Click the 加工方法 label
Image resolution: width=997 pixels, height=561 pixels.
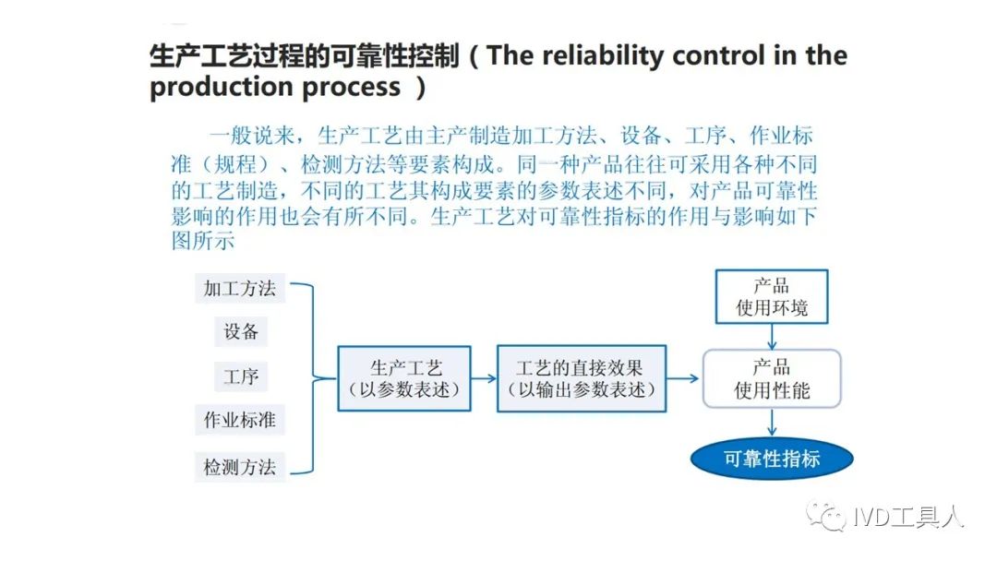click(240, 289)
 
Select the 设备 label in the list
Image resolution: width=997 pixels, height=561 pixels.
click(240, 331)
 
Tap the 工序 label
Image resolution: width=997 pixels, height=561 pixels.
click(240, 376)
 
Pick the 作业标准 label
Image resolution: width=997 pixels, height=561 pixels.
click(240, 419)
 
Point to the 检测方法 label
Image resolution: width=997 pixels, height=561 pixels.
click(240, 467)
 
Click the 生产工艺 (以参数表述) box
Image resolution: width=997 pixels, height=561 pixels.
click(404, 378)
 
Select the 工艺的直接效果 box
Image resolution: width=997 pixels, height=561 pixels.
click(582, 378)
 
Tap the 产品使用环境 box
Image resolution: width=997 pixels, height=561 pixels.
click(772, 297)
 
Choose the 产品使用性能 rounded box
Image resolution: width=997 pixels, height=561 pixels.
click(772, 378)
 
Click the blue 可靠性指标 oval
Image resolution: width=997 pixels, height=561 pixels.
click(772, 459)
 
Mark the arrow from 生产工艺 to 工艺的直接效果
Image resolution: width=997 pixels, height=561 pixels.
click(484, 378)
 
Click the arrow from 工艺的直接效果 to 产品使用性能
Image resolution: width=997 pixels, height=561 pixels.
click(683, 378)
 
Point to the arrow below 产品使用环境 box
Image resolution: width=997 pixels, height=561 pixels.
click(772, 337)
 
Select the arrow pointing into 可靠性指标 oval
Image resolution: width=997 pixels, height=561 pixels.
click(772, 423)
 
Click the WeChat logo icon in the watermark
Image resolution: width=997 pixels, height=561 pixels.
click(826, 517)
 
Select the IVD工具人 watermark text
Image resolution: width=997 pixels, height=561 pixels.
click(908, 517)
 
